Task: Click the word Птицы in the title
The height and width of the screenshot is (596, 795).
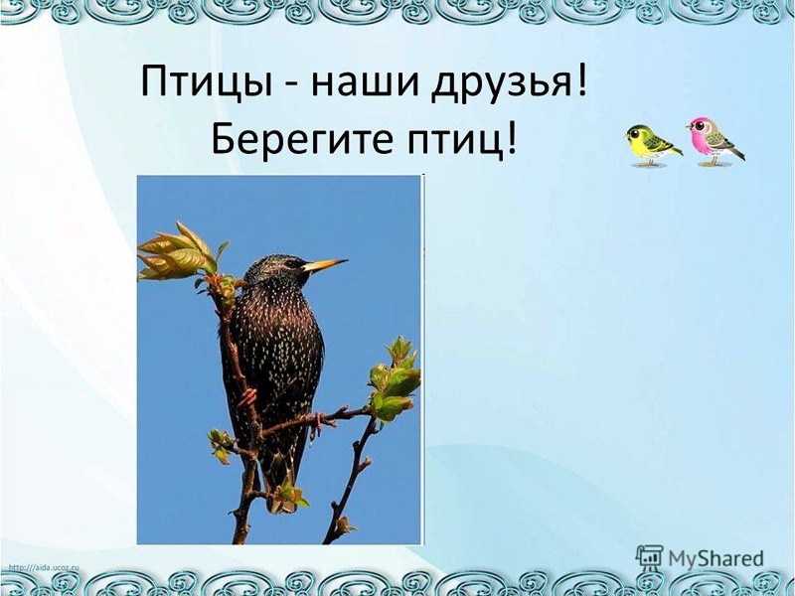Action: point(207,82)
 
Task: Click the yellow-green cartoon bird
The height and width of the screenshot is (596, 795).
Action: point(651,145)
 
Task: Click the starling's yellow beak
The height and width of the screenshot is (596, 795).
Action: point(325,264)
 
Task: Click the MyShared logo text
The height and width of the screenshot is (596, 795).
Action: point(716,558)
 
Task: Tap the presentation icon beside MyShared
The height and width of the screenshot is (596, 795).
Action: point(650,558)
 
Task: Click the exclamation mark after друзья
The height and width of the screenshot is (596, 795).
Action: point(581,80)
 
